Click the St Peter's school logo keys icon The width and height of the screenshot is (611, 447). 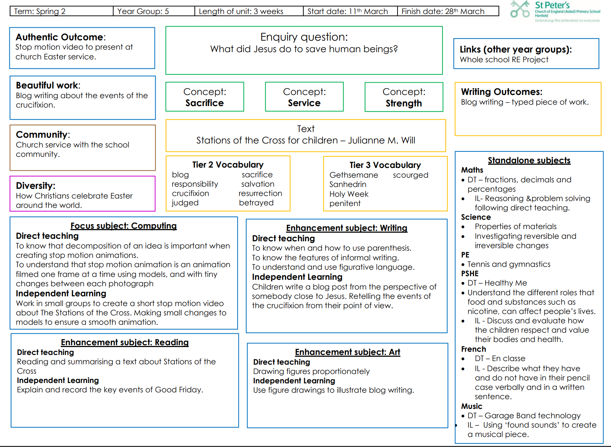520,9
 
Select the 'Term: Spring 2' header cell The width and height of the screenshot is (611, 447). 62,11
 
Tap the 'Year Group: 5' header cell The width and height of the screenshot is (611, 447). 154,11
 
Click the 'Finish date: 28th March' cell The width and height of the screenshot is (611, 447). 448,11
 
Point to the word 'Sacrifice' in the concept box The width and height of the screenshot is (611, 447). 205,103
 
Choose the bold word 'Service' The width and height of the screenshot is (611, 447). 304,103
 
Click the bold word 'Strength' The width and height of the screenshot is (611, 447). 404,103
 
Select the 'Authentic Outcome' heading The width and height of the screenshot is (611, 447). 60,37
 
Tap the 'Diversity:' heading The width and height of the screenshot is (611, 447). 36,186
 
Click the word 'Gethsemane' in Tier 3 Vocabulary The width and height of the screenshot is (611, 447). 354,175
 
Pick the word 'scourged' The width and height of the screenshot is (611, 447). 410,175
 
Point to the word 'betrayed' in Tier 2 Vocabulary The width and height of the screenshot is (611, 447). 256,203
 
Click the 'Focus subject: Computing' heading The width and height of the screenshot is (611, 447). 124,226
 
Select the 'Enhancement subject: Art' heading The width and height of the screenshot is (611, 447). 348,352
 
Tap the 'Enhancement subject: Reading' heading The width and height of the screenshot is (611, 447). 125,342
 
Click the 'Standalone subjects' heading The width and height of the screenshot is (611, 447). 529,160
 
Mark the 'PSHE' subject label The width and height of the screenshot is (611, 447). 470,273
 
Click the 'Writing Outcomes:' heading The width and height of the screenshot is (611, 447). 502,92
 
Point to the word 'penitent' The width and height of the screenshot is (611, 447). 345,204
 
